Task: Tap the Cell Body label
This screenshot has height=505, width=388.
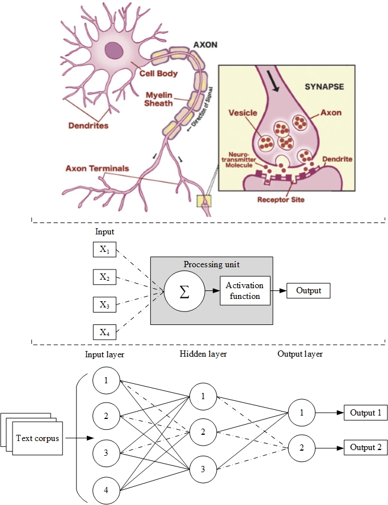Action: [x=159, y=73]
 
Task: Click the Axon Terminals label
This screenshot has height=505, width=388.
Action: [x=97, y=168]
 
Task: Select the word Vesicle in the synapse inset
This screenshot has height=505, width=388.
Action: [x=243, y=113]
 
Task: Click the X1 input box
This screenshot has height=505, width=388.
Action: [x=104, y=250]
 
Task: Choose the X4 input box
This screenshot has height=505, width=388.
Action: [x=104, y=332]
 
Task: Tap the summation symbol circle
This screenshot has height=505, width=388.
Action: [x=184, y=292]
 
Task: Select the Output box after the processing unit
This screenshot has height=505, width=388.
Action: [x=308, y=291]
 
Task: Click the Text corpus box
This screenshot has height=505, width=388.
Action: [x=37, y=438]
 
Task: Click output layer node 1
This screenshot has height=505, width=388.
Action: [x=301, y=412]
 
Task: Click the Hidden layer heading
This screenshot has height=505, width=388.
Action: [x=203, y=354]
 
